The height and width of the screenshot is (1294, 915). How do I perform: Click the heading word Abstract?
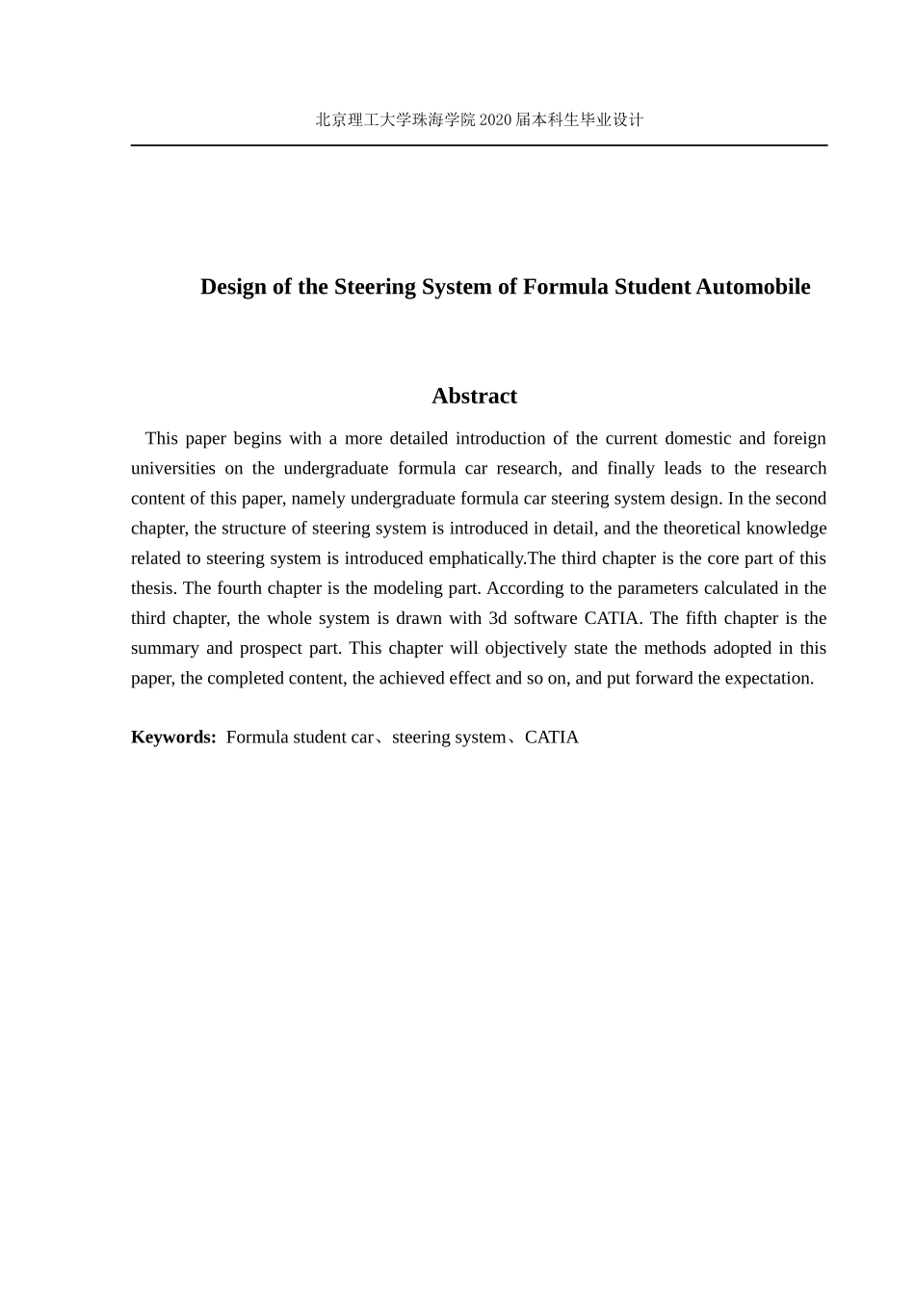[474, 396]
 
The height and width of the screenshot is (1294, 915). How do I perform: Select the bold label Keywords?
[173, 737]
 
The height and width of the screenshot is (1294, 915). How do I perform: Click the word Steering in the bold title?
[375, 287]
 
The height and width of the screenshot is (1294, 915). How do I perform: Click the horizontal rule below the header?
[479, 145]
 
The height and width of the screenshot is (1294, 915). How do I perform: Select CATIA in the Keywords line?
[552, 737]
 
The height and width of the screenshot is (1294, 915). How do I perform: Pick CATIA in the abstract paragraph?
[612, 618]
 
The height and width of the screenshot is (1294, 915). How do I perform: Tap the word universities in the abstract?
[173, 468]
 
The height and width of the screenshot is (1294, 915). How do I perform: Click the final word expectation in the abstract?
[768, 678]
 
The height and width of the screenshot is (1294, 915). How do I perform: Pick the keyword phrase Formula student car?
[300, 737]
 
